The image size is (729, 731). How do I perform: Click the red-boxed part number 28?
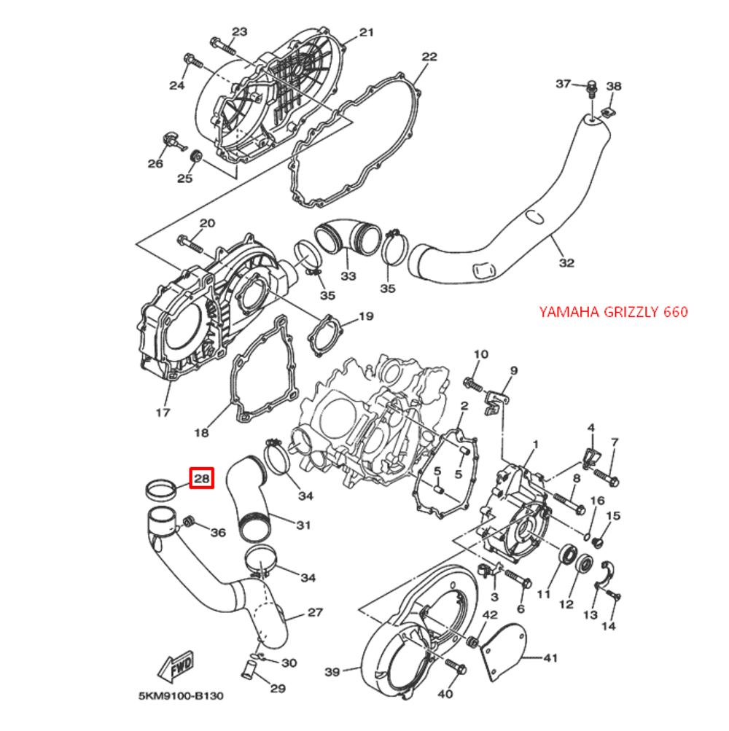[x=201, y=479]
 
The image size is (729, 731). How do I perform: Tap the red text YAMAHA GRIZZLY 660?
[x=613, y=312]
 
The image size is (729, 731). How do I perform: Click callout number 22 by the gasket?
[x=429, y=57]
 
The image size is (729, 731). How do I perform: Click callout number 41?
[x=550, y=658]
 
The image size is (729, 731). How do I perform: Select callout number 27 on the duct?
[x=314, y=612]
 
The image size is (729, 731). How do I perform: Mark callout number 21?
[x=366, y=32]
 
